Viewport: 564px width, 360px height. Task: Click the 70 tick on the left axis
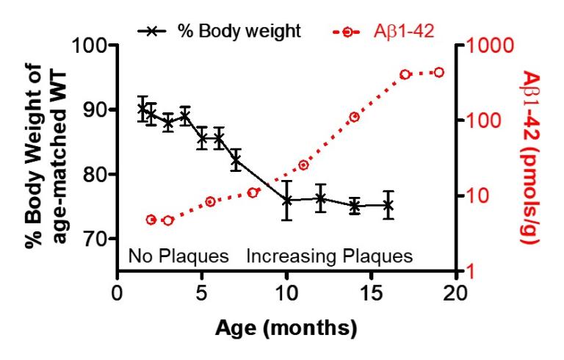pos(96,240)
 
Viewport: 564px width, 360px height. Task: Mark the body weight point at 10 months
pos(286,200)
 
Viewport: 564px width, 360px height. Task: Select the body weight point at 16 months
pos(388,205)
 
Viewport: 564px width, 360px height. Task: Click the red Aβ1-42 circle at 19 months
pos(439,72)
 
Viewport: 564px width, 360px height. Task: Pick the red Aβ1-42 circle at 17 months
pos(405,74)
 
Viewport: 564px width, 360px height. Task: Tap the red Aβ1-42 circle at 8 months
pos(253,192)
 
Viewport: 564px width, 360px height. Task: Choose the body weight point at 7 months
pos(236,161)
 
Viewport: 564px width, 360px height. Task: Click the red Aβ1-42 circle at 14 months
pos(355,117)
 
